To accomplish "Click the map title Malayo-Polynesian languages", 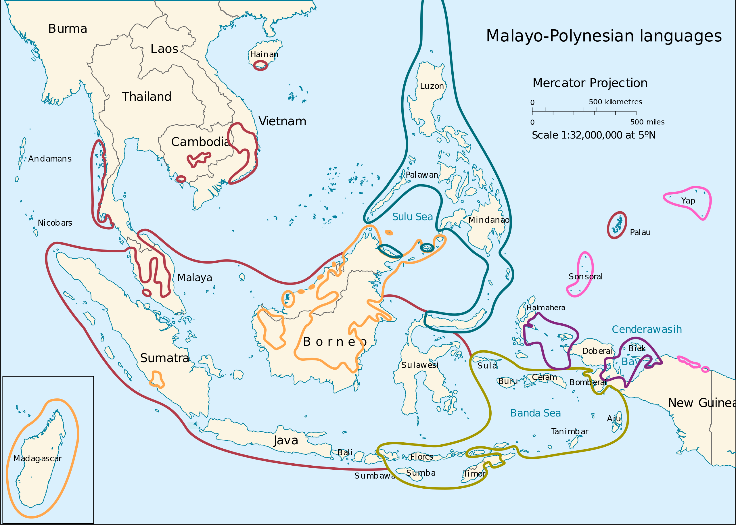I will click(x=603, y=36).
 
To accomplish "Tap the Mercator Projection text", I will click(x=590, y=83).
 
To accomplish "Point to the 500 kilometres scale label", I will click(x=615, y=102).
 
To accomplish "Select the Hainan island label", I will click(x=264, y=54).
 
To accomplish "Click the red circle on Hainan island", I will click(x=260, y=66).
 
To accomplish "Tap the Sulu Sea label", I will click(x=412, y=217).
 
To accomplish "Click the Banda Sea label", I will click(x=535, y=413).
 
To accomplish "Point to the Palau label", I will click(x=640, y=232).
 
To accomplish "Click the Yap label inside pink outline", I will click(x=688, y=201).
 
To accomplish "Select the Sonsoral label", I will click(x=585, y=277).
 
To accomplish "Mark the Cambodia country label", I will click(x=200, y=142).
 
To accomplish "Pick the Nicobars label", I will click(x=55, y=223).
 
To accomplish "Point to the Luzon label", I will click(x=432, y=86).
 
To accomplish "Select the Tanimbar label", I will click(x=570, y=431).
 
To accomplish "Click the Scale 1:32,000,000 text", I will click(x=593, y=135).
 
